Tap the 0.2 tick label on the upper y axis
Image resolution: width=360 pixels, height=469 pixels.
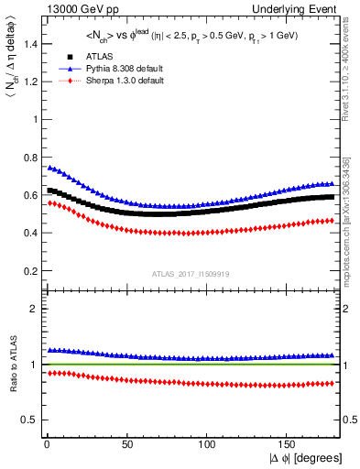[x=27, y=271]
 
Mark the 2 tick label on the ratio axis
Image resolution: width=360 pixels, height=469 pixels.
[x=30, y=309]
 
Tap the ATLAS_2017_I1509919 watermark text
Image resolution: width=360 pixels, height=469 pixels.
[x=190, y=273]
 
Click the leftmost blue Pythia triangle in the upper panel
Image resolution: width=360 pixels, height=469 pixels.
[x=49, y=168]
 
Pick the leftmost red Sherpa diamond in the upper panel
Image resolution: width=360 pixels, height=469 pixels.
[x=49, y=202]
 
